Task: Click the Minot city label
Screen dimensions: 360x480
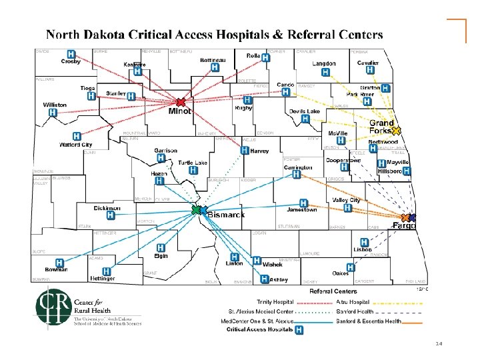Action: (x=180, y=112)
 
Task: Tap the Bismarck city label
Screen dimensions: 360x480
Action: (x=227, y=215)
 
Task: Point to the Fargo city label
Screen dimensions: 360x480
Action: (x=403, y=226)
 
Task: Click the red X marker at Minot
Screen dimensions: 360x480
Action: (x=181, y=103)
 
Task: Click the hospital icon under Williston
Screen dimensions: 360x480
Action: (x=51, y=115)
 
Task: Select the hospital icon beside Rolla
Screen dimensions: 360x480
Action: (x=266, y=58)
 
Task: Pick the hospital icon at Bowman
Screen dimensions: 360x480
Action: (x=60, y=263)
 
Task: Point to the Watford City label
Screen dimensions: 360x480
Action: (x=75, y=144)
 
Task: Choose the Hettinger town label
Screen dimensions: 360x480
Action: (x=99, y=278)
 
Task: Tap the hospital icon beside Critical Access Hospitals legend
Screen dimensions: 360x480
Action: (x=299, y=329)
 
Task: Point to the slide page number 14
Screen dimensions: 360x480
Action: (x=439, y=343)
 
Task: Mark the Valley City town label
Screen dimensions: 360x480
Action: (x=346, y=199)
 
